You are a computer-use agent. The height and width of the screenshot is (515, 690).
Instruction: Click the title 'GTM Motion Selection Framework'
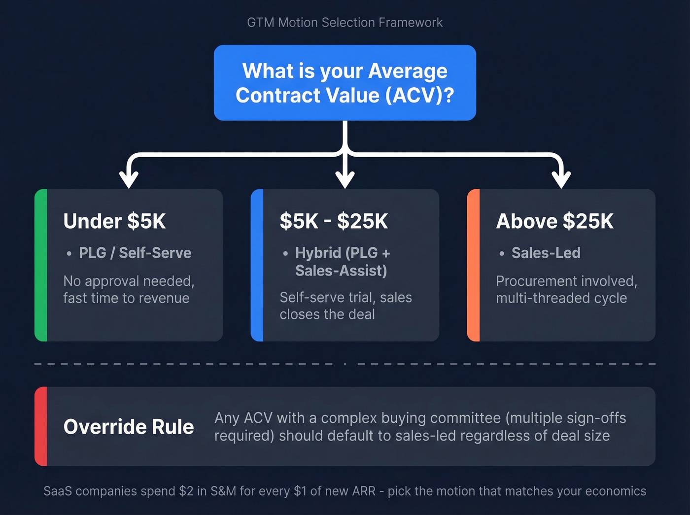point(345,23)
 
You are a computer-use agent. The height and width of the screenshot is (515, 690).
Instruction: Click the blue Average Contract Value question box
point(345,83)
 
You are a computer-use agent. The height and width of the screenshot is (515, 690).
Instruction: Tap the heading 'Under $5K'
point(114,221)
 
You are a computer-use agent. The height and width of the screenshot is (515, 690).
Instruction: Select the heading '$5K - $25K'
point(334,221)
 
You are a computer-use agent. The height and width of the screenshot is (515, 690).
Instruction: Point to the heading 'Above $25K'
point(554,221)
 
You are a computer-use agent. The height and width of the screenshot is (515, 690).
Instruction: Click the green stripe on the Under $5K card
point(41,265)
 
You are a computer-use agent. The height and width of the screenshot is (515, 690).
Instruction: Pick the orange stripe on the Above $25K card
point(473,265)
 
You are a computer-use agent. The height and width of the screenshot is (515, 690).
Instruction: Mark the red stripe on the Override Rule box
point(41,426)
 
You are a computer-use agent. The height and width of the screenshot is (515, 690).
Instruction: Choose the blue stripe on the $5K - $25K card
point(257,265)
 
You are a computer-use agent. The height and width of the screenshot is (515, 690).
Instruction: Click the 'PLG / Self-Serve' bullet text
point(135,253)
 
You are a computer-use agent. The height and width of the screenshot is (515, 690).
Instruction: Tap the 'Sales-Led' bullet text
point(546,253)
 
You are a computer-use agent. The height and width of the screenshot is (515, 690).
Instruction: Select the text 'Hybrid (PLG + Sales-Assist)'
point(342,262)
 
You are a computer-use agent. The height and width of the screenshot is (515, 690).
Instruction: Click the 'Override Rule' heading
point(129,427)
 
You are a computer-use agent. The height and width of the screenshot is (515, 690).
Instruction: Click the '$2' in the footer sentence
point(186,491)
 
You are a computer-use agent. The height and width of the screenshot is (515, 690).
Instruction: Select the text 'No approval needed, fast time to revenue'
point(129,289)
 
